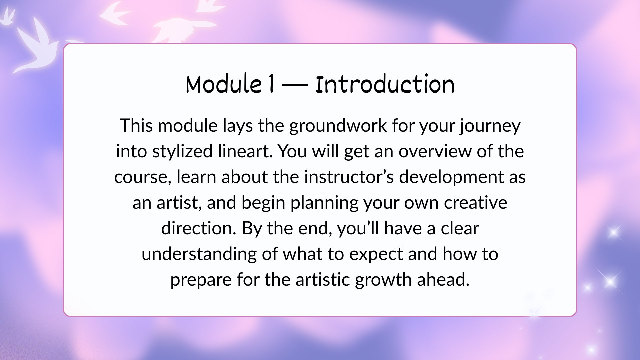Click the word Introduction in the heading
click(x=385, y=84)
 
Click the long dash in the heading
click(x=295, y=86)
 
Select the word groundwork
click(x=338, y=126)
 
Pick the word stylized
click(x=183, y=152)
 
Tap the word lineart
click(x=246, y=151)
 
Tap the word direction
click(x=199, y=228)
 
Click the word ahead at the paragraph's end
click(x=443, y=280)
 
